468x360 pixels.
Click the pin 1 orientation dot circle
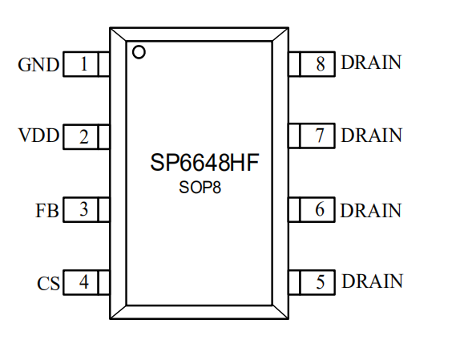pos(139,52)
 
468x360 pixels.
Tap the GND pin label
pos(38,64)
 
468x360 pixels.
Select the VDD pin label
pos(38,136)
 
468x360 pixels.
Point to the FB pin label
pos(47,210)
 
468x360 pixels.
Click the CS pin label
pos(48,283)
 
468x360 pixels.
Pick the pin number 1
pos(84,63)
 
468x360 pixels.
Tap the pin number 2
pos(84,137)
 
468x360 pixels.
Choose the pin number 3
pos(84,209)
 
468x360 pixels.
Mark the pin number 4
pos(84,281)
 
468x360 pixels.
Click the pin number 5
pos(321,281)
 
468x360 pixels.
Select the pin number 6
pos(320,209)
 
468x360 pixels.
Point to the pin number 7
pos(320,136)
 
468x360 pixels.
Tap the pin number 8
pos(321,63)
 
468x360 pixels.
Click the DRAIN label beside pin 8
pos(371,63)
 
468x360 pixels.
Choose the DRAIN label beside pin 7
pos(371,136)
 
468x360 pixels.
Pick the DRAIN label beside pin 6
pos(371,210)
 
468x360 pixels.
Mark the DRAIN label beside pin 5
pos(372,281)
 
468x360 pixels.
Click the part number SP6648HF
pos(204,163)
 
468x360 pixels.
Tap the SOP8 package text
pos(200,188)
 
